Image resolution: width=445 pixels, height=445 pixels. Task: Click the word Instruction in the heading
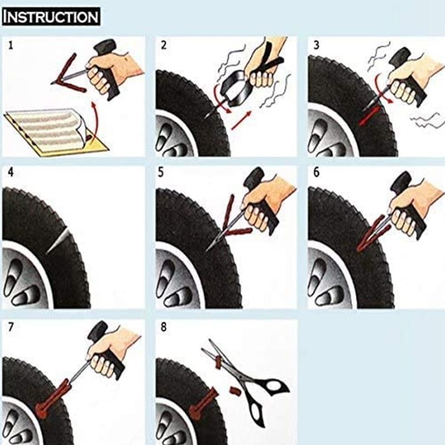click(x=51, y=16)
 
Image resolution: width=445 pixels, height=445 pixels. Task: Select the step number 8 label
click(x=163, y=327)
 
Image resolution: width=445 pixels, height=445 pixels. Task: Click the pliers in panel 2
click(x=231, y=89)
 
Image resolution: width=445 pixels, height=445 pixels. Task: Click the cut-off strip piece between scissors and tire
click(x=234, y=391)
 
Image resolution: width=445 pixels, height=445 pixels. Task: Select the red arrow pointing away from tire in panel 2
click(x=242, y=120)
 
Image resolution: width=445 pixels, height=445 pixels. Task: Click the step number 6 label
click(x=316, y=172)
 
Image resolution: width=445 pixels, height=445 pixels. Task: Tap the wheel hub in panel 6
click(x=328, y=284)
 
